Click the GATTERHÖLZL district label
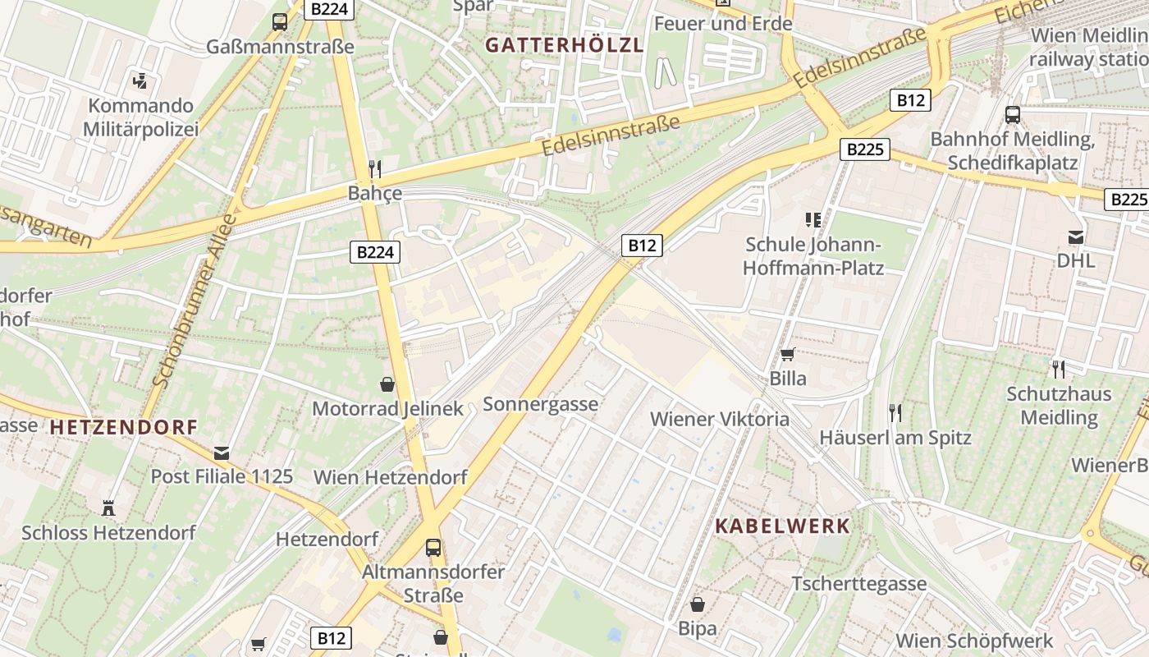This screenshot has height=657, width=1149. [x=563, y=45]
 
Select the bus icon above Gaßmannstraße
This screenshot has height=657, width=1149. [x=280, y=22]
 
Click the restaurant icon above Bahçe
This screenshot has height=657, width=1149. [x=375, y=169]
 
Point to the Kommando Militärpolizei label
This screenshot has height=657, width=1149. [x=141, y=117]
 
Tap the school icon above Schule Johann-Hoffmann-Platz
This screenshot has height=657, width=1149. [x=813, y=219]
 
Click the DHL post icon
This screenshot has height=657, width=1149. [x=1075, y=238]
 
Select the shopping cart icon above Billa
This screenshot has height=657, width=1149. [x=788, y=355]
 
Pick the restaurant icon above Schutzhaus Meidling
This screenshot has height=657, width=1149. [x=1059, y=370]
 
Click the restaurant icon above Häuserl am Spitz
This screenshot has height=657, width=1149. [x=895, y=412]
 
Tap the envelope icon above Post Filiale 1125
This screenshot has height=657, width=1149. [x=222, y=453]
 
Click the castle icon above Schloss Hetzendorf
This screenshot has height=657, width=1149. [x=108, y=508]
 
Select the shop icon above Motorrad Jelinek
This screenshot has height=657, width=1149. [x=387, y=384]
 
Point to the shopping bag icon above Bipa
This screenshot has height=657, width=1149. [x=698, y=604]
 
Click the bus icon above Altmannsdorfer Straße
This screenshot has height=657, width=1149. [x=433, y=547]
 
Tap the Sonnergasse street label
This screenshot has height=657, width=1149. [x=540, y=404]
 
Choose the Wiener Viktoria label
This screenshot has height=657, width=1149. [x=719, y=419]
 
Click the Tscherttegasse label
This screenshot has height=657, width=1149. [x=858, y=584]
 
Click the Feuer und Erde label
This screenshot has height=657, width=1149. [x=723, y=24]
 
